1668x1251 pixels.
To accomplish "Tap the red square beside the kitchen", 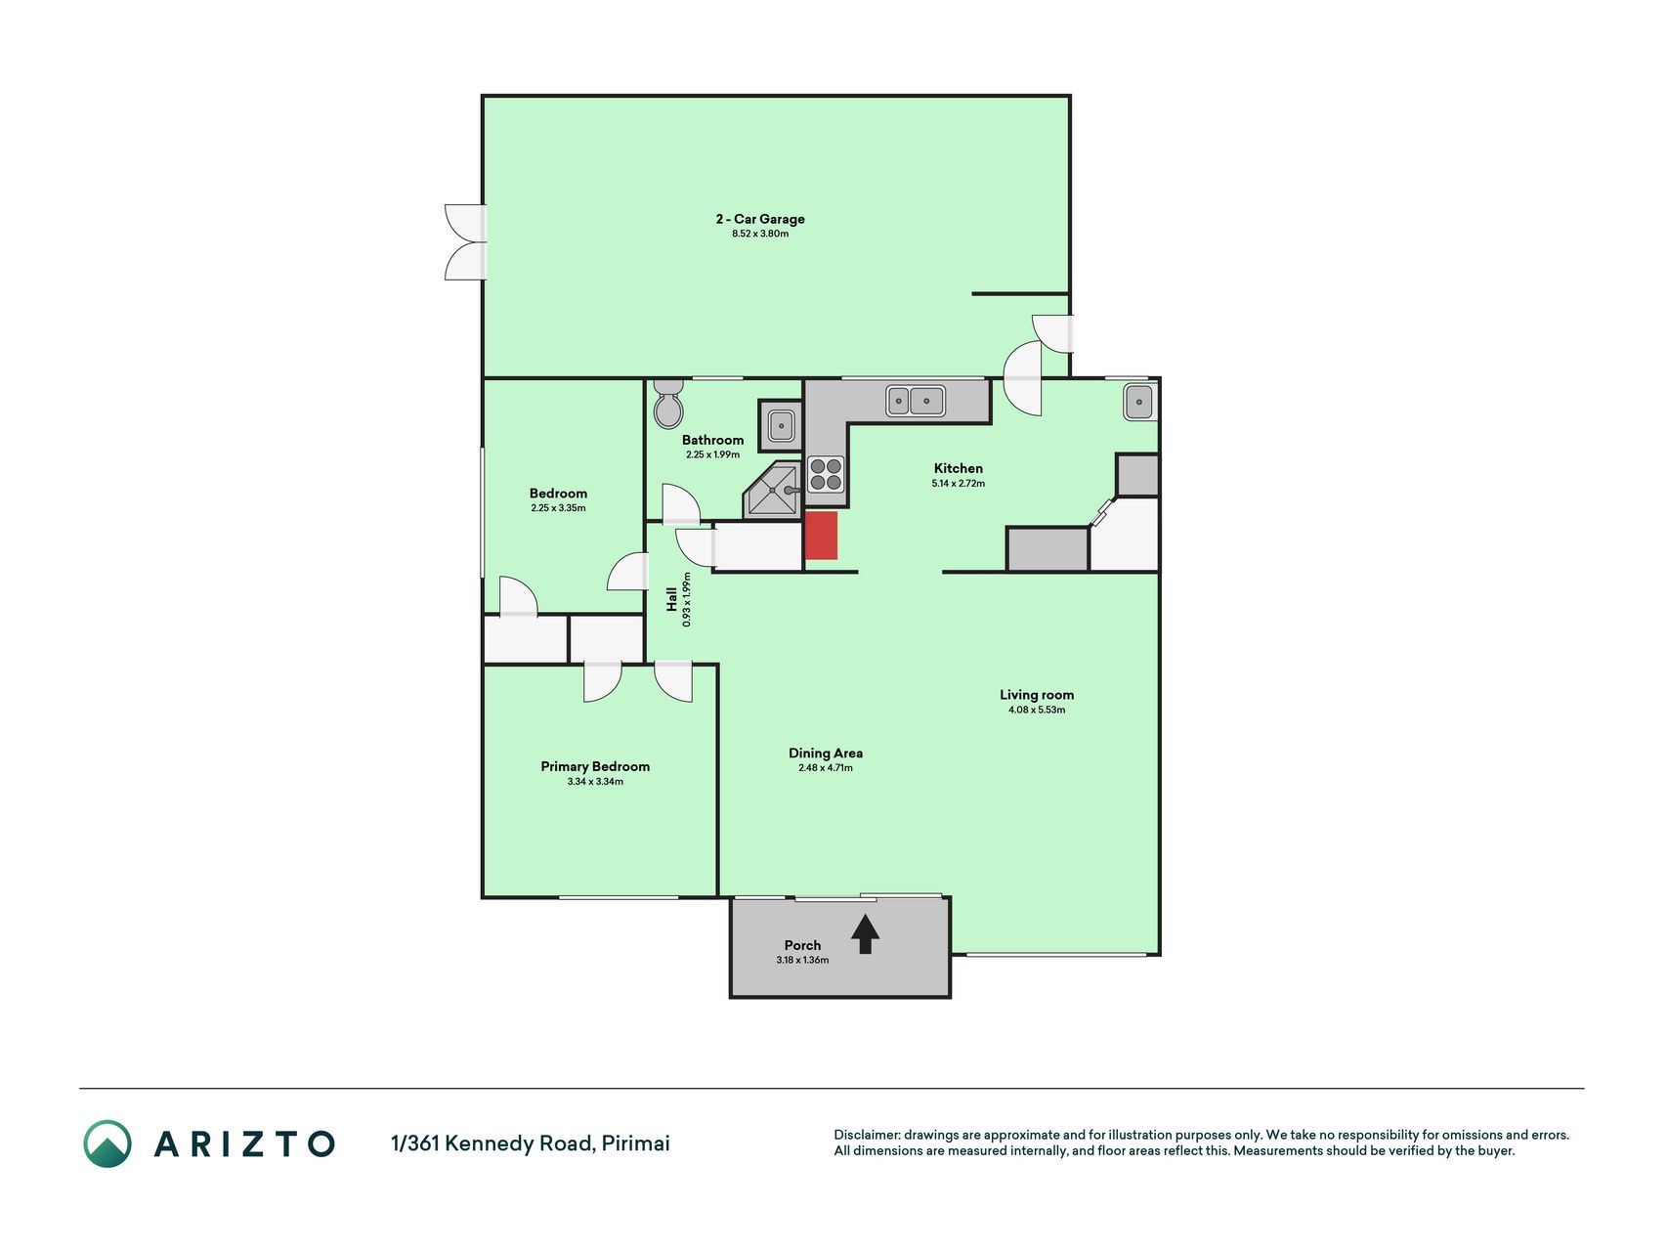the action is coord(822,536).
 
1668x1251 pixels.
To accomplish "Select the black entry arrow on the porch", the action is coord(866,933).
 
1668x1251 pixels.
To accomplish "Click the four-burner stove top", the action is coord(826,474).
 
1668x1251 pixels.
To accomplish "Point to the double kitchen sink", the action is coord(916,401).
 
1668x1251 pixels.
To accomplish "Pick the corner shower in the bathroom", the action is coord(773,490).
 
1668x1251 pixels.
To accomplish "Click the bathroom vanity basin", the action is coord(781,425).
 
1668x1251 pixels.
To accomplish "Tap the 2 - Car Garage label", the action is coord(760,219).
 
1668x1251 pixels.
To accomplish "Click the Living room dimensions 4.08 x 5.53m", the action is coord(1037,710).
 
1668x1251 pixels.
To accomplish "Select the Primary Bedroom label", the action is coord(595,766).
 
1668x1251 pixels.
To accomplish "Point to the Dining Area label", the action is coord(826,753).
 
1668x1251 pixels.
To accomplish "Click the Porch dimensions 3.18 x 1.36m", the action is coord(802,960).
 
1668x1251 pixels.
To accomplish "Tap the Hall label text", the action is coord(671,599).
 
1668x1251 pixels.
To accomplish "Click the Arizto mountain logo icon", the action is coord(107,1143).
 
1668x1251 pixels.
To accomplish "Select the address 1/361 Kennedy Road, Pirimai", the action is coord(531,1143).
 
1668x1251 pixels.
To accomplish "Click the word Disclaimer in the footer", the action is coord(866,1135).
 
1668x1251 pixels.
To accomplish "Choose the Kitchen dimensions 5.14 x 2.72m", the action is coord(959,483).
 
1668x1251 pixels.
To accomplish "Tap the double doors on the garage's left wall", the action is coord(466,242).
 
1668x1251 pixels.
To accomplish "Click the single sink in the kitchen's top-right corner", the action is coord(1138,401).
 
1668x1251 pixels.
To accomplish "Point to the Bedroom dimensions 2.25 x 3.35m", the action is coord(558,508).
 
